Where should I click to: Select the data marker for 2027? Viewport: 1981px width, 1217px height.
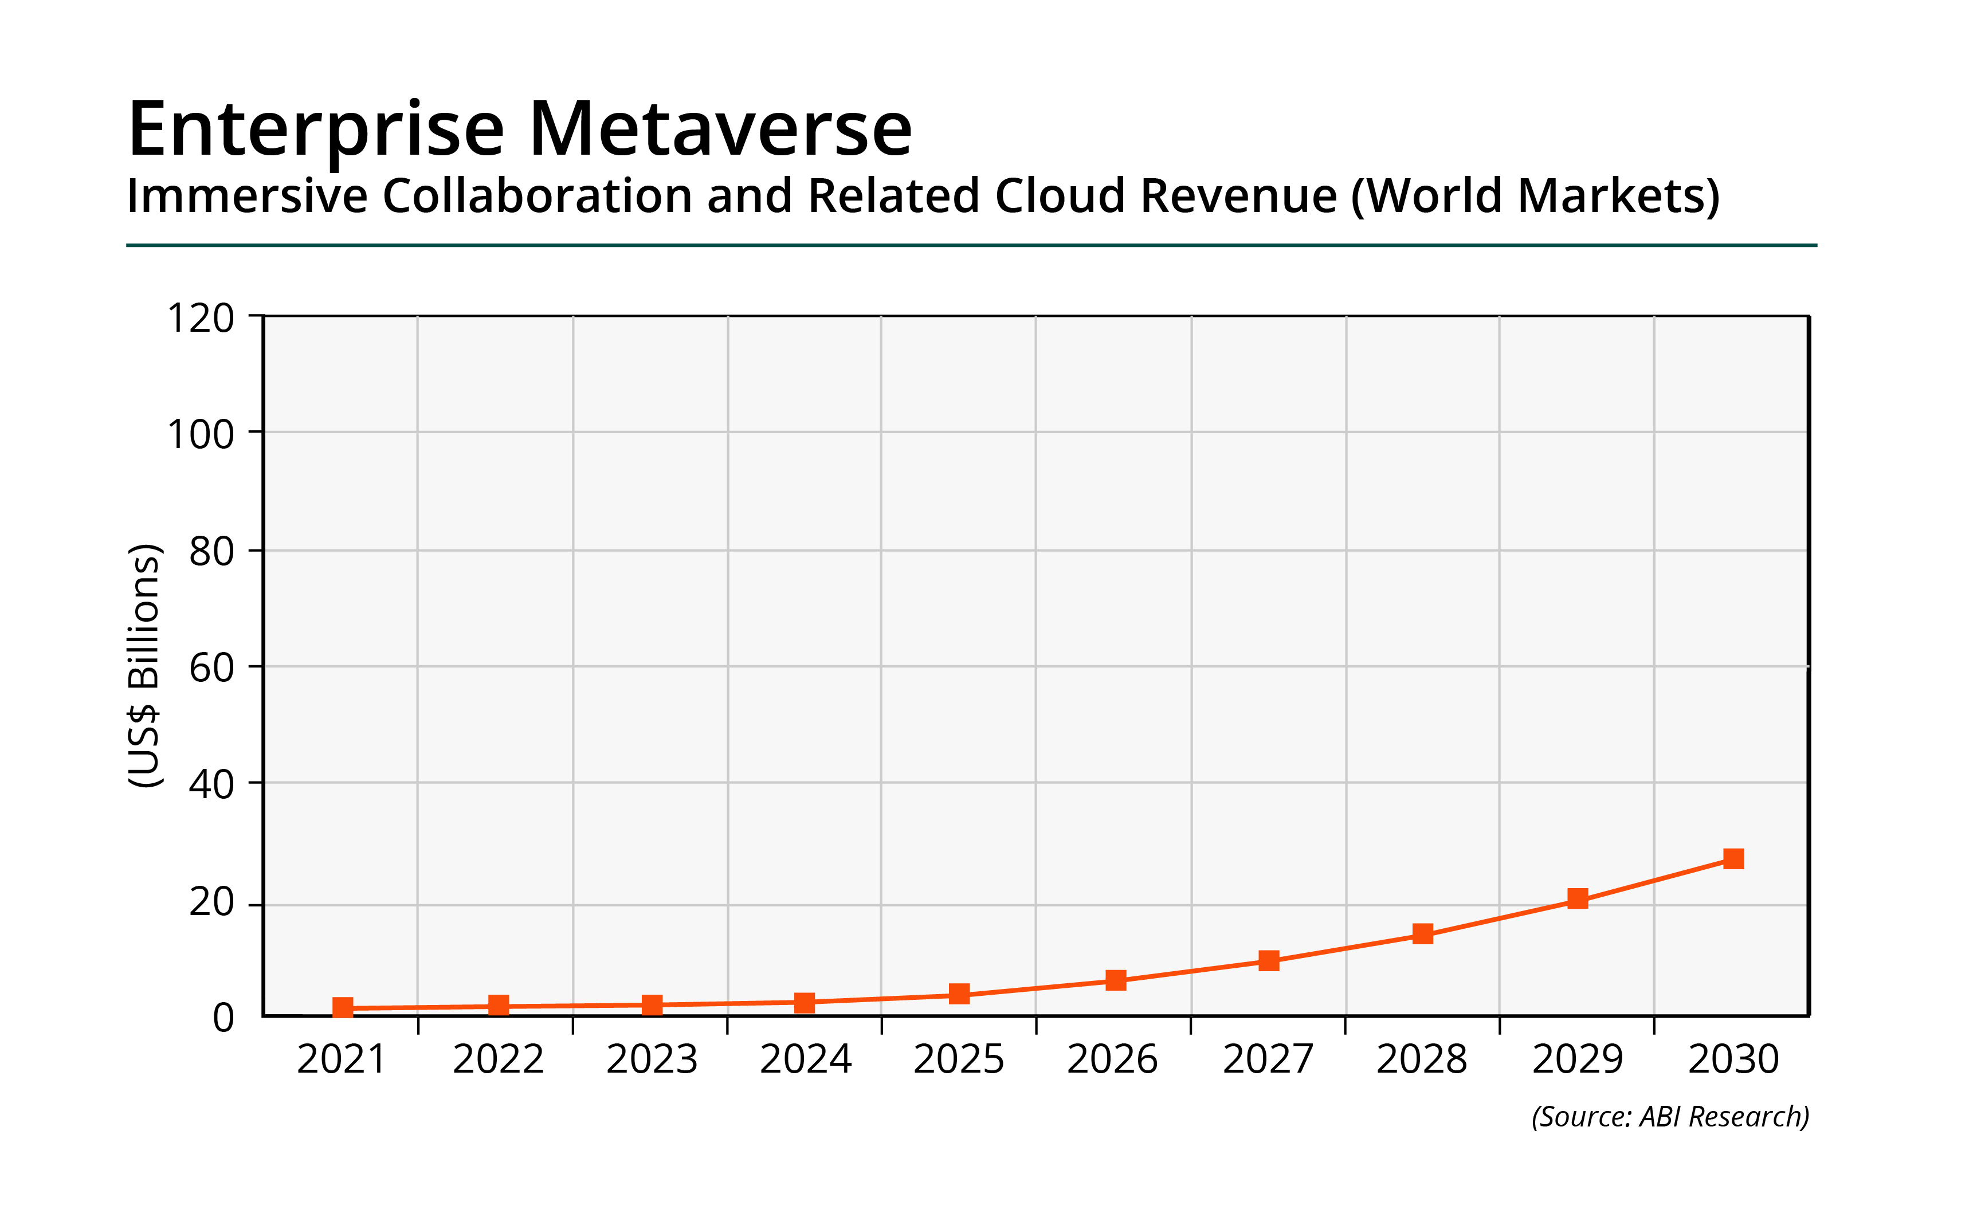tap(1269, 960)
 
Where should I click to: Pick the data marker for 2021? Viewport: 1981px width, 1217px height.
tap(343, 1008)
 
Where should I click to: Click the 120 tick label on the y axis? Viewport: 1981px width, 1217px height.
tap(201, 318)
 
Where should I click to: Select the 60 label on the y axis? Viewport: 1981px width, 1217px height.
tap(211, 668)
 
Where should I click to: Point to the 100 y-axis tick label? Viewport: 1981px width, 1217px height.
tap(201, 435)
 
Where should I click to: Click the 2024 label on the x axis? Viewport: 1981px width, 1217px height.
tap(805, 1059)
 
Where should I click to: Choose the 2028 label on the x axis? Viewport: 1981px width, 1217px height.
tap(1422, 1059)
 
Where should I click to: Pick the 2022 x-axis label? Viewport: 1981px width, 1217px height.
tap(499, 1059)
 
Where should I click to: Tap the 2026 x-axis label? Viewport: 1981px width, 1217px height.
tap(1112, 1059)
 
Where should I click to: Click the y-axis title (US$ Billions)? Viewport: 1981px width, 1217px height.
tap(145, 666)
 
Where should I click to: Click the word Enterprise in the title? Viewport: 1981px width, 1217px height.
tap(316, 131)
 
